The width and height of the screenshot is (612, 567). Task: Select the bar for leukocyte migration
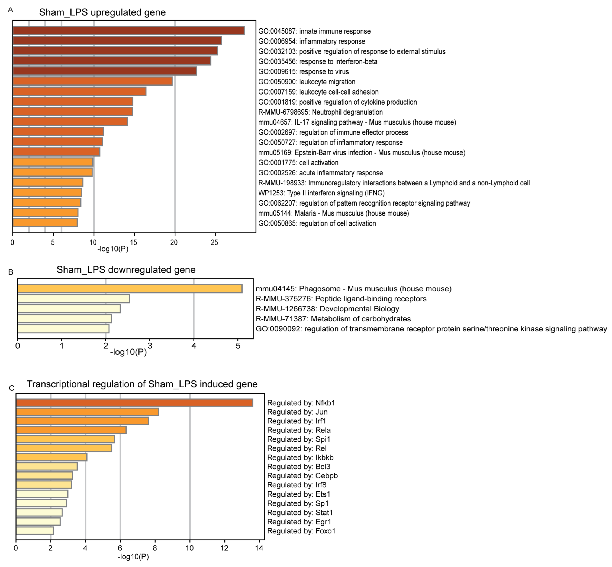point(92,81)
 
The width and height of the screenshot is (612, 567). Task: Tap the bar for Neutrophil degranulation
point(73,112)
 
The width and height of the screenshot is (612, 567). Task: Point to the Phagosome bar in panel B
point(130,289)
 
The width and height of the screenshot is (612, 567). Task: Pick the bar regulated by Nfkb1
point(134,403)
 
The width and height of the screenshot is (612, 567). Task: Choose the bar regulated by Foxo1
point(35,531)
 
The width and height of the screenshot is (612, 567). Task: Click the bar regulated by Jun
point(87,412)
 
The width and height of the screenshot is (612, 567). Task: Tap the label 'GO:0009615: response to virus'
point(303,71)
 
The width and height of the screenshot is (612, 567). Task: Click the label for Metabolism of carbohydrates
point(333,319)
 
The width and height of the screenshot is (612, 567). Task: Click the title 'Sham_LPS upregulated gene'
point(102,12)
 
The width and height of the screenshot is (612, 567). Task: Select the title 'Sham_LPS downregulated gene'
point(126,270)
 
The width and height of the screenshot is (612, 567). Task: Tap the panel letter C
point(12,388)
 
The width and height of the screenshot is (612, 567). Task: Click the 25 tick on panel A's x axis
point(214,243)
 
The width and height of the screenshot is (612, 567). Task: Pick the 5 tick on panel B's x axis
point(238,346)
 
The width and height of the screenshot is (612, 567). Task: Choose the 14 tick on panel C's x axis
point(259,548)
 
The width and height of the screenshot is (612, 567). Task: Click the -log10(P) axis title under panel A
point(113,249)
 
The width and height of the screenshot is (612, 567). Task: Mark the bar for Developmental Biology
point(69,309)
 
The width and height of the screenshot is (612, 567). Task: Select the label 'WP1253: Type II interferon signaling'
point(321,193)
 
